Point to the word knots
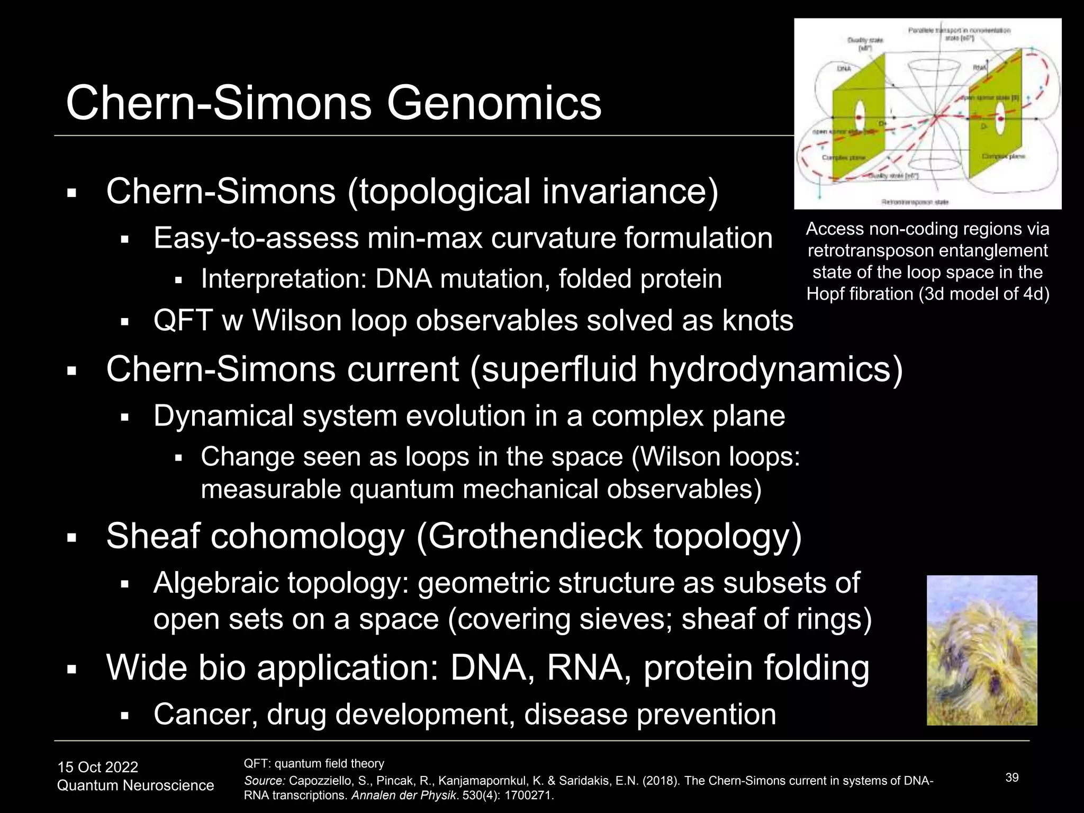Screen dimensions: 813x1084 click(758, 321)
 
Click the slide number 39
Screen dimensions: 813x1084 click(1012, 778)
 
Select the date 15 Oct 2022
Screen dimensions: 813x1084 click(97, 767)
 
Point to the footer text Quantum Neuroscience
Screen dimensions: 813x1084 click(135, 785)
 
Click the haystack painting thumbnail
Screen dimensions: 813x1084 click(982, 650)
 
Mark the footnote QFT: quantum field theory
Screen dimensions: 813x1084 click(313, 763)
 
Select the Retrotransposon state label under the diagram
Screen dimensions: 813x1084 click(915, 202)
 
